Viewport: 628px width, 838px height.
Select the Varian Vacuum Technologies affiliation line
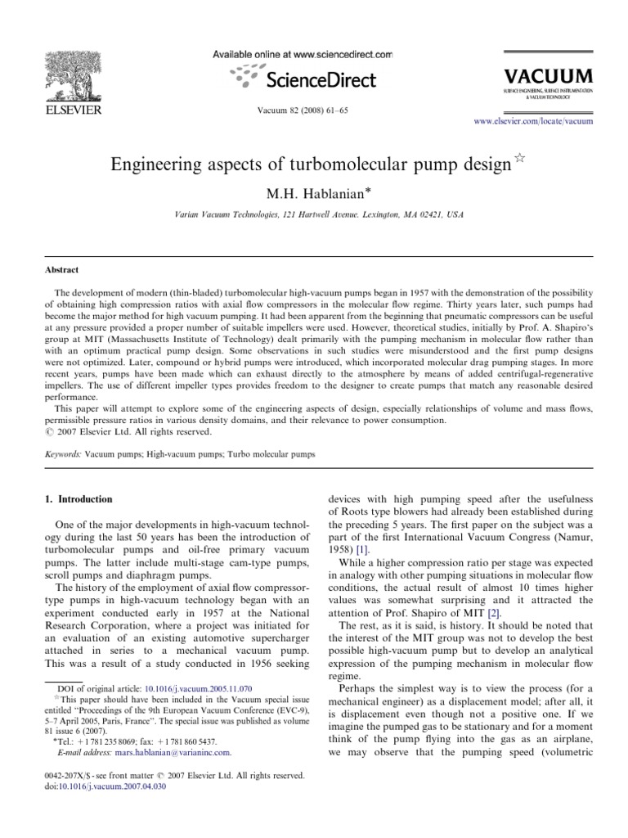pyautogui.click(x=313, y=214)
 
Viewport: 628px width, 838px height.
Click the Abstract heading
pyautogui.click(x=62, y=268)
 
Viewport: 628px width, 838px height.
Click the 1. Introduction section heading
pyautogui.click(x=78, y=498)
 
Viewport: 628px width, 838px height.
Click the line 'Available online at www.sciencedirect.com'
pyautogui.click(x=303, y=55)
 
